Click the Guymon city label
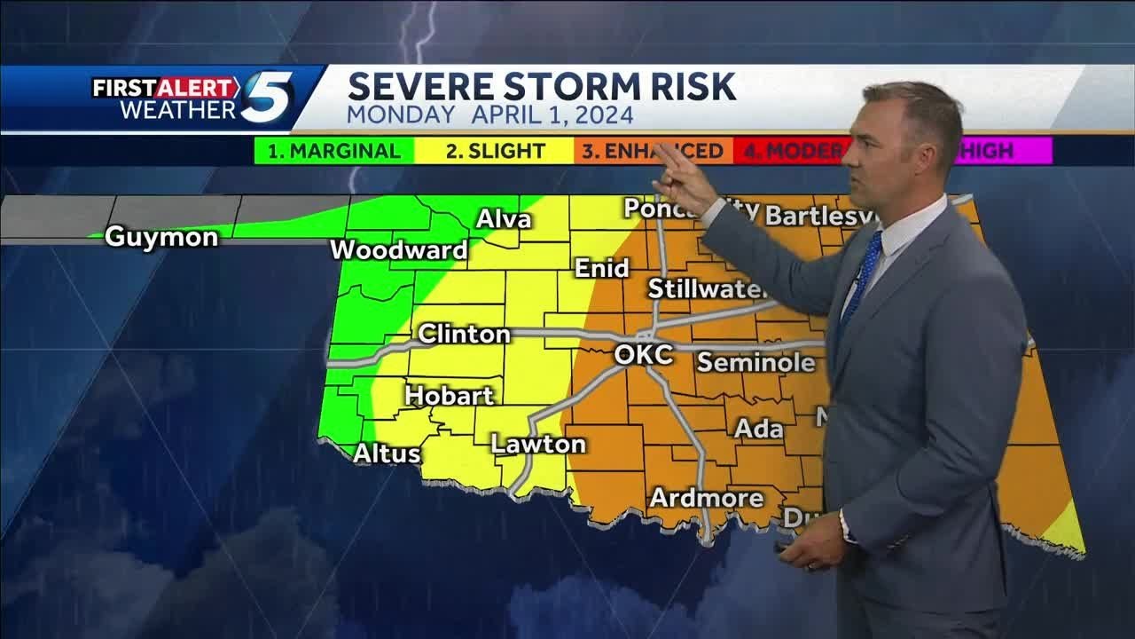coord(161,237)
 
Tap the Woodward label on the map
coord(398,250)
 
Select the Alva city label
coord(504,219)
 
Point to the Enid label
coord(601,268)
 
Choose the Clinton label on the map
coord(464,335)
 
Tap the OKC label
coord(643,355)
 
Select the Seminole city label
coord(755,362)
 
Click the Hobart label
coord(449,396)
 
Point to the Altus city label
coord(387,454)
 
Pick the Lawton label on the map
coord(538,444)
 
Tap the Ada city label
coord(759,429)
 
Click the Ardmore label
coord(707,498)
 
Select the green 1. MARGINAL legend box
coord(333,151)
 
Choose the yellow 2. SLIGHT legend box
coord(494,151)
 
